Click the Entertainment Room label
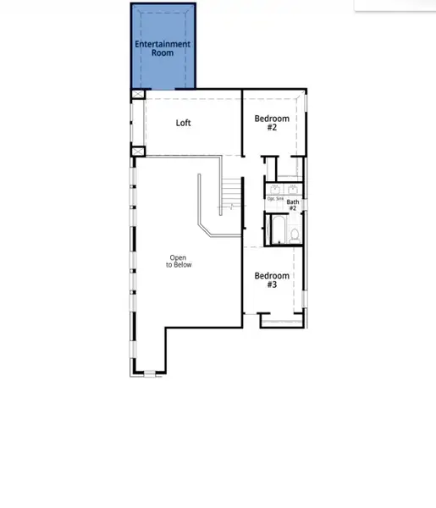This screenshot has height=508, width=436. pyautogui.click(x=163, y=47)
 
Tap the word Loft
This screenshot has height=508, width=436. pyautogui.click(x=184, y=123)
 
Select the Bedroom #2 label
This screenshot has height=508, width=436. pyautogui.click(x=272, y=123)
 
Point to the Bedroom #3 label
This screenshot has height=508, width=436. pyautogui.click(x=272, y=280)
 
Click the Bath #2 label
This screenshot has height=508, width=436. pyautogui.click(x=292, y=205)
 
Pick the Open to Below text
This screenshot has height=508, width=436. pyautogui.click(x=179, y=262)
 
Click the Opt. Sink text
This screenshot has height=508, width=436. pyautogui.click(x=275, y=199)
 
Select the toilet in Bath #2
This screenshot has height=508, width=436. pyautogui.click(x=294, y=235)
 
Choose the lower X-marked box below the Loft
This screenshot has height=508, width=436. pyautogui.click(x=138, y=151)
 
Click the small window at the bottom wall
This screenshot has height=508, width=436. pyautogui.click(x=150, y=373)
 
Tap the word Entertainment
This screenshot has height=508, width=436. pyautogui.click(x=163, y=43)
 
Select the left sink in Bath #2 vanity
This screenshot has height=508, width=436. pyautogui.click(x=274, y=188)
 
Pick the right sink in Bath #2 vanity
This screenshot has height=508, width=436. pyautogui.click(x=293, y=188)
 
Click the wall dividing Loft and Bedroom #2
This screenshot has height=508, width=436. pyautogui.click(x=242, y=123)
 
